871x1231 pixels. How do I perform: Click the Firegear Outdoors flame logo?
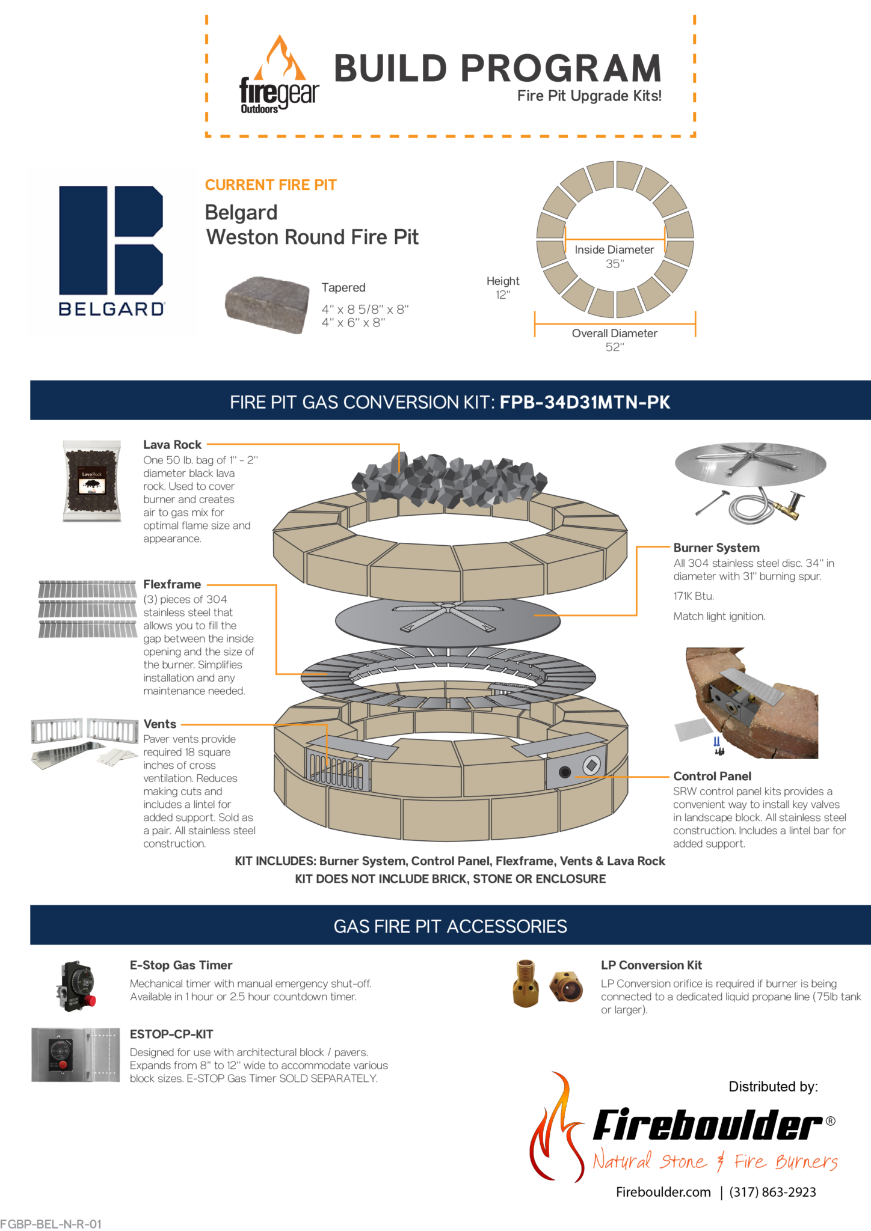pos(279,75)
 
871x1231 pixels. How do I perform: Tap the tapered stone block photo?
pos(267,304)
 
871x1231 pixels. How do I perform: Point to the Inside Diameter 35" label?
pos(614,256)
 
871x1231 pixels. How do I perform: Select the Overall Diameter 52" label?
pos(614,340)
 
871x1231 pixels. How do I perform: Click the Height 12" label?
pos(503,287)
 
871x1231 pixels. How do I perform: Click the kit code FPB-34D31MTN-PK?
pos(585,402)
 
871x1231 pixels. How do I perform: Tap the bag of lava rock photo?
pos(93,481)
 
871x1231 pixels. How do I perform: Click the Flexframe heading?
pos(172,584)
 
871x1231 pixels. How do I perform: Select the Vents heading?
pos(160,724)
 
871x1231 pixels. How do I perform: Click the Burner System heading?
pos(716,548)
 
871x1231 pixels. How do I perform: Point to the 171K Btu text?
pos(694,596)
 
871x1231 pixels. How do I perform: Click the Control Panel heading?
pos(712,776)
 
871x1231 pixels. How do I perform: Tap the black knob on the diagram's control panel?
pos(565,772)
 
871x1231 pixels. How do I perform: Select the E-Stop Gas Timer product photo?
pos(76,986)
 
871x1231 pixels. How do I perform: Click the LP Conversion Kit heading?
pos(651,965)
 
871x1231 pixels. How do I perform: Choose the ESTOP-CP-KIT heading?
pos(171,1034)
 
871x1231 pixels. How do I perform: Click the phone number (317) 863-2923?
pos(772,1192)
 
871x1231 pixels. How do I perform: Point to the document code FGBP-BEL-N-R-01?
pos(51,1224)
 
